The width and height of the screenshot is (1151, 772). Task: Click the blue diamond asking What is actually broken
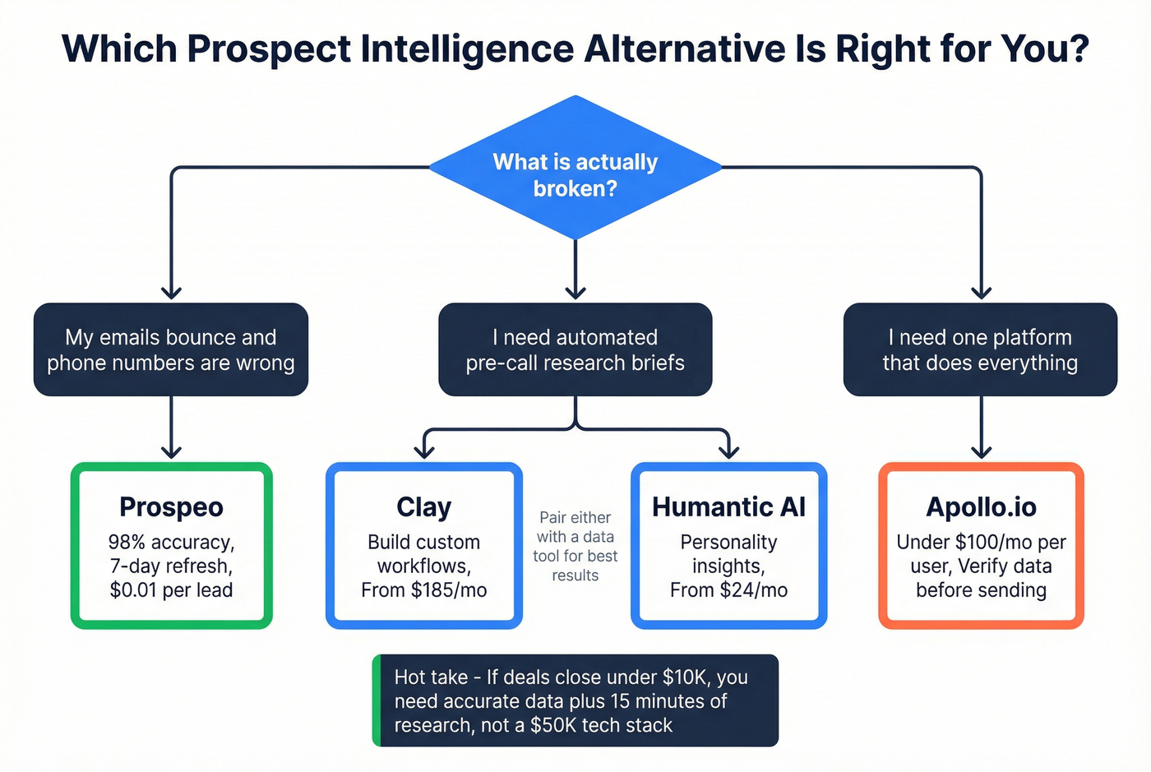tap(575, 174)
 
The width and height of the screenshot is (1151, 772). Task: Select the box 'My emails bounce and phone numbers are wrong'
tap(171, 349)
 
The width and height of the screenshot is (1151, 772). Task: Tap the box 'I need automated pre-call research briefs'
tap(575, 349)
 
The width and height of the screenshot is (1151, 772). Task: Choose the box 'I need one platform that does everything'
tap(980, 349)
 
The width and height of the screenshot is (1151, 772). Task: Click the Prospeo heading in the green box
tap(171, 507)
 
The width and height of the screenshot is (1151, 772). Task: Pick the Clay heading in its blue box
tap(423, 507)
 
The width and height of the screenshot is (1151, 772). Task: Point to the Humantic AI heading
tap(728, 507)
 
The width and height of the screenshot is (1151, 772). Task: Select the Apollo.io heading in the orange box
tap(981, 507)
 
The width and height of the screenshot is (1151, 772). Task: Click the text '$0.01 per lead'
tap(171, 590)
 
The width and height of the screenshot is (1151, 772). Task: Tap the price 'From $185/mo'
tap(423, 590)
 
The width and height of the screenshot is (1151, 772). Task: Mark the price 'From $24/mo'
tap(728, 590)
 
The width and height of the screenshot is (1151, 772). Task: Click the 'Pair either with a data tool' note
tap(575, 546)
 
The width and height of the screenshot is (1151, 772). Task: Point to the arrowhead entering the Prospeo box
tap(171, 451)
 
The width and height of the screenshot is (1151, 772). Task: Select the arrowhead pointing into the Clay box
tap(423, 451)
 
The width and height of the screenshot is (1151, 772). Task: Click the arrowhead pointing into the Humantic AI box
tap(728, 451)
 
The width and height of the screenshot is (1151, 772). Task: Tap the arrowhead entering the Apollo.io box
tap(981, 451)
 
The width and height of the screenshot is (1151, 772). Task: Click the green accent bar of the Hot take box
tap(377, 700)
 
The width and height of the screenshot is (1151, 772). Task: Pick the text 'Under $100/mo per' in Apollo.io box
tap(981, 543)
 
